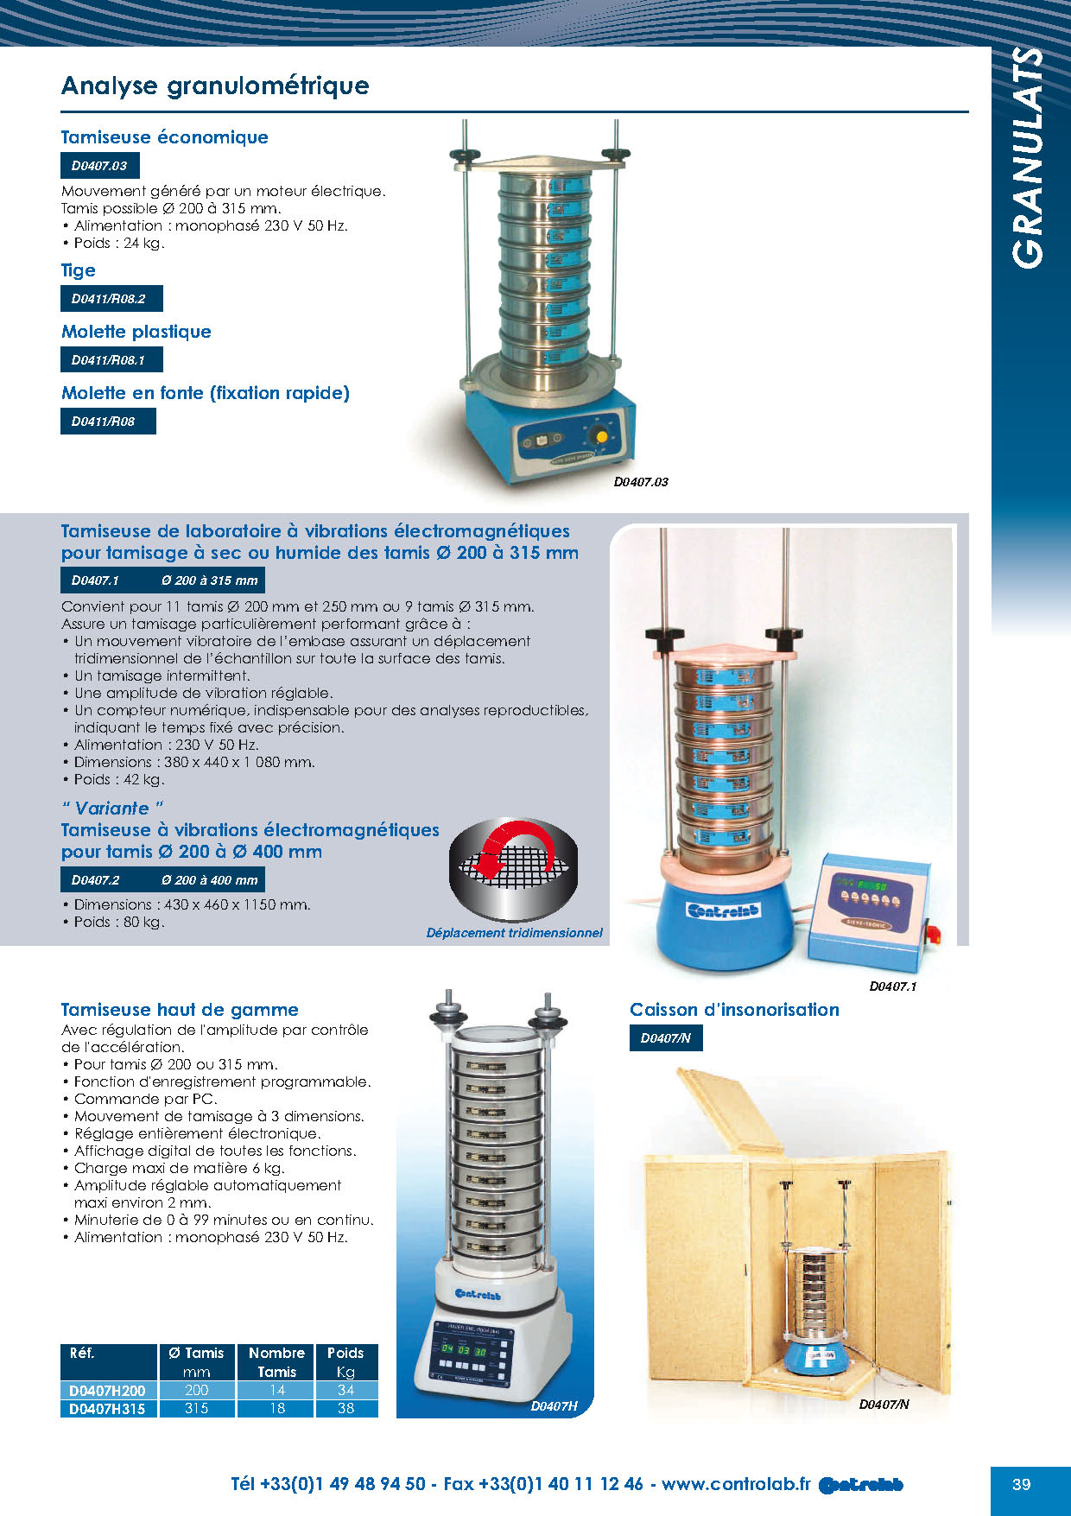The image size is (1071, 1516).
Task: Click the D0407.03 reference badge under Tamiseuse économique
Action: pyautogui.click(x=99, y=166)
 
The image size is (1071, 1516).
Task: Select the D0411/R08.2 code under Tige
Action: pyautogui.click(x=111, y=299)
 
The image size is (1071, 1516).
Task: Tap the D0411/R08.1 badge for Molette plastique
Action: pyautogui.click(x=111, y=360)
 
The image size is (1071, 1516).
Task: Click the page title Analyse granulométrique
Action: pyautogui.click(x=215, y=86)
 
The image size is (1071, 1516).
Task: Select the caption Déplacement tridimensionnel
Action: pyautogui.click(x=514, y=933)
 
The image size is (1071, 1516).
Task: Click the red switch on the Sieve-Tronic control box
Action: pyautogui.click(x=933, y=934)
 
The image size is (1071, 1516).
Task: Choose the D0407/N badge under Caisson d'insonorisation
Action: pyautogui.click(x=665, y=1038)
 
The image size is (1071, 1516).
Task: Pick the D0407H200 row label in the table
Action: pyautogui.click(x=107, y=1390)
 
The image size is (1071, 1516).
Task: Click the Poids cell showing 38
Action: pyautogui.click(x=345, y=1408)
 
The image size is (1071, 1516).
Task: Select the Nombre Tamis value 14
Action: pyautogui.click(x=276, y=1390)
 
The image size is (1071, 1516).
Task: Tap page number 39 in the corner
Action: pyautogui.click(x=1021, y=1484)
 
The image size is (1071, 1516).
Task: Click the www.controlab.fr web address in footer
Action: pyautogui.click(x=736, y=1484)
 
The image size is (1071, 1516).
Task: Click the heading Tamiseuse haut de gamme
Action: pyautogui.click(x=180, y=1010)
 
